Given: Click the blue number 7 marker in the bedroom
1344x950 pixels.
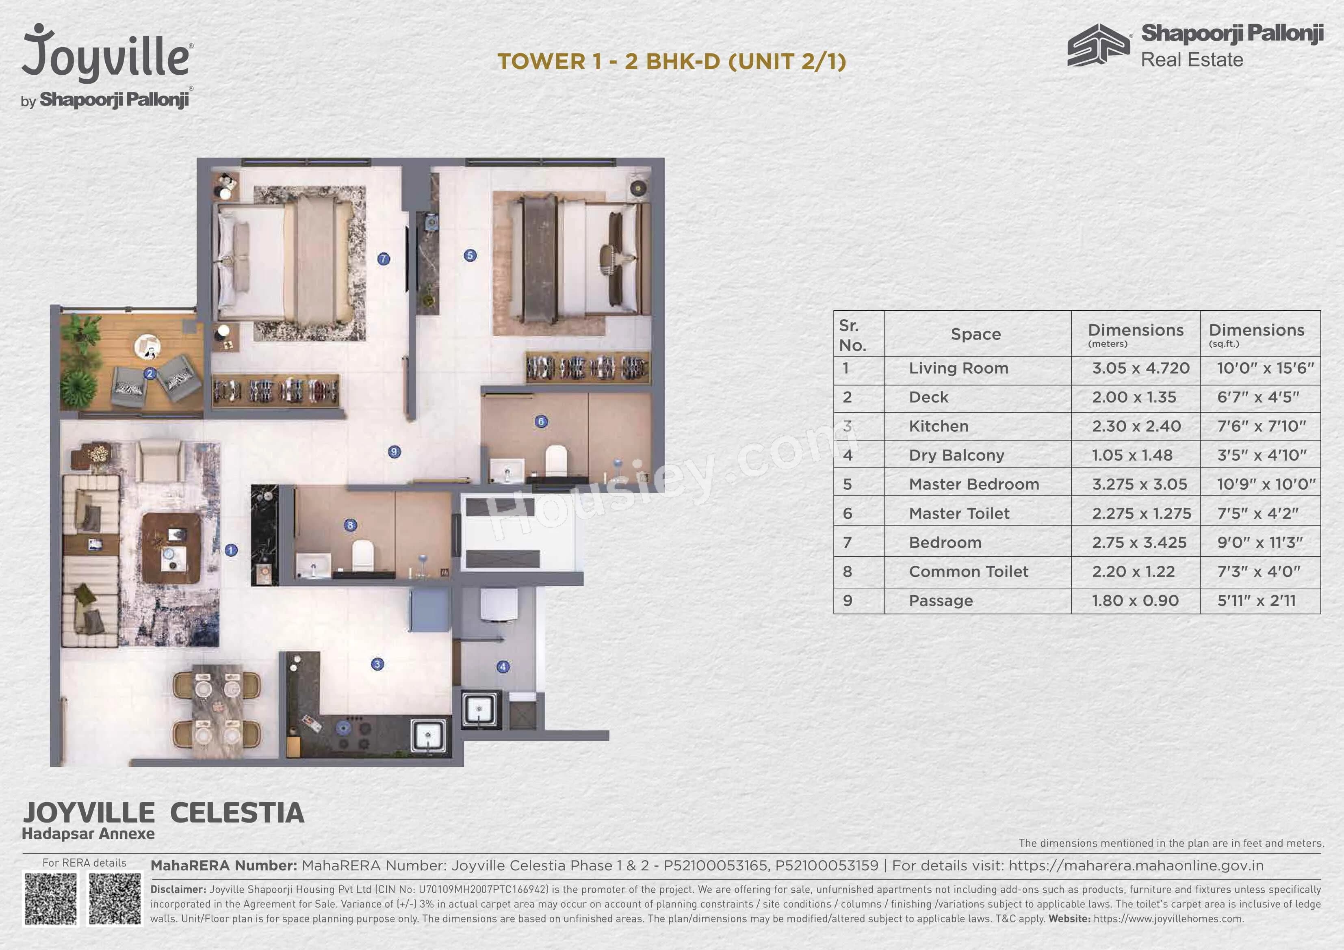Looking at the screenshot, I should [x=384, y=259].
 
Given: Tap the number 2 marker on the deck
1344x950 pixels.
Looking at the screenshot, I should [x=150, y=373].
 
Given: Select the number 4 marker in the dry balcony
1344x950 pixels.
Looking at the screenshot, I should [x=503, y=667].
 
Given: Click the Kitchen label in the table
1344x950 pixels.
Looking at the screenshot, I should [x=939, y=426].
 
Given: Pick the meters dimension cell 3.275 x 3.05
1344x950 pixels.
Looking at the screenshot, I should [x=1139, y=484].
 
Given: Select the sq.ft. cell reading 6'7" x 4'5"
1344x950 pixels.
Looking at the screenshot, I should [x=1258, y=397].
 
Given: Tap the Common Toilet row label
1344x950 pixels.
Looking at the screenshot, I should [x=968, y=571].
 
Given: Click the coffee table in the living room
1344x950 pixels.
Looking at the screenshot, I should [x=171, y=548].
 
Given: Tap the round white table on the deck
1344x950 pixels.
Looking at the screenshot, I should [x=147, y=346].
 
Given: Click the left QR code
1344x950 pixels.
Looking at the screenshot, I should [x=51, y=898].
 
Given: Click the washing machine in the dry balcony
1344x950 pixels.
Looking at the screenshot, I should [x=499, y=604].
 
